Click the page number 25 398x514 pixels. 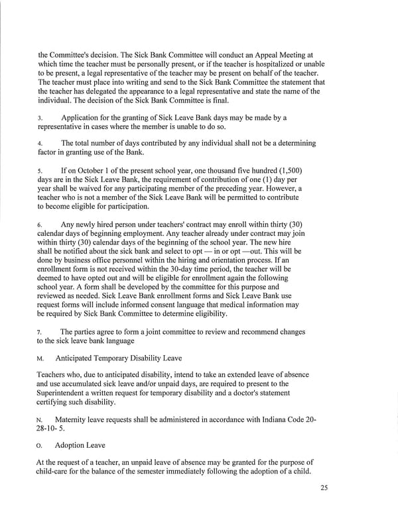tap(323, 489)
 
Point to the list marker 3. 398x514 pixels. tap(40, 119)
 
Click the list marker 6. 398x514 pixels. tap(40, 226)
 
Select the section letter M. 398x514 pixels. tap(40, 359)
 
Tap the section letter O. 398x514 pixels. tap(40, 445)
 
